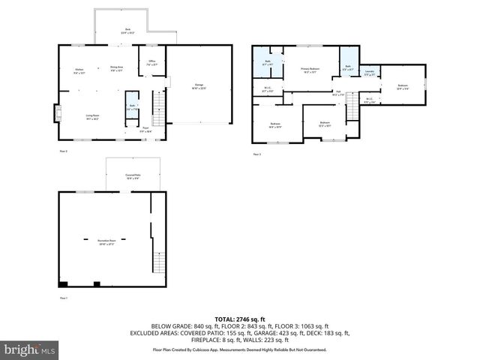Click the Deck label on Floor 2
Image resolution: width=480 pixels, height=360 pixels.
click(127, 31)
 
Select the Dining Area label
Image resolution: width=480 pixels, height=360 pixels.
click(116, 68)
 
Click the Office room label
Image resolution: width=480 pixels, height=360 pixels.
click(151, 62)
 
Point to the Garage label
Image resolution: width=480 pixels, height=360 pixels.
click(199, 85)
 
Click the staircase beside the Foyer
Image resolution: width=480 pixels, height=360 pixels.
click(158, 110)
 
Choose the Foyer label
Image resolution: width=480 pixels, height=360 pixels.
click(146, 129)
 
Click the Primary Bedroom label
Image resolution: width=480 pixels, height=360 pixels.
click(310, 70)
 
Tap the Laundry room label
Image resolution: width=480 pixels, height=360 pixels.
click(369, 73)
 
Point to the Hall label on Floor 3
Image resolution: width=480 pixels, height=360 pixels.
click(338, 93)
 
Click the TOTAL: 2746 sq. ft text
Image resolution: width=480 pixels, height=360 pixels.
click(239, 319)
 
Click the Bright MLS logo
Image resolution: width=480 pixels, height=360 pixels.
click(29, 349)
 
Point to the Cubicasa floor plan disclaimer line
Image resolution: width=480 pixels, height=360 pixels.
click(239, 349)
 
